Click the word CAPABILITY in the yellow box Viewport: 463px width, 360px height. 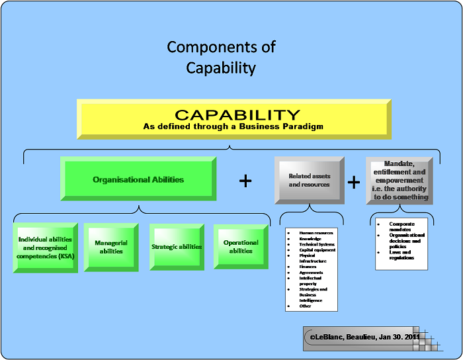click(x=228, y=115)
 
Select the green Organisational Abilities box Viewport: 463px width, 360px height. click(x=138, y=179)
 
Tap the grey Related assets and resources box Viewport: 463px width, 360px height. click(x=309, y=180)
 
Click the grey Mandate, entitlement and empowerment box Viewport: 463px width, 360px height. click(x=400, y=180)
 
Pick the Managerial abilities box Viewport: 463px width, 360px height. click(x=111, y=247)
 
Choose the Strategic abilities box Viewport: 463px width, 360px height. click(x=177, y=247)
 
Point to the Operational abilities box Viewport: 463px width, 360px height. click(x=241, y=247)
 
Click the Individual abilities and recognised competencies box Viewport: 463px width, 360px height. click(x=46, y=247)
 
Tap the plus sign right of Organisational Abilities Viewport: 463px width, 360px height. click(x=245, y=181)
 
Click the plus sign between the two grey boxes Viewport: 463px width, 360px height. click(x=354, y=183)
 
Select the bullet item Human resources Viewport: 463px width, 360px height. click(x=317, y=233)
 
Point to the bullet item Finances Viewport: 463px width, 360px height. click(x=308, y=267)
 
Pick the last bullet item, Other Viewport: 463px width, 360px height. click(x=306, y=306)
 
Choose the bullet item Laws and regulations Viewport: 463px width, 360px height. click(x=400, y=255)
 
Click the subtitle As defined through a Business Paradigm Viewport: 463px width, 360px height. click(x=233, y=126)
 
